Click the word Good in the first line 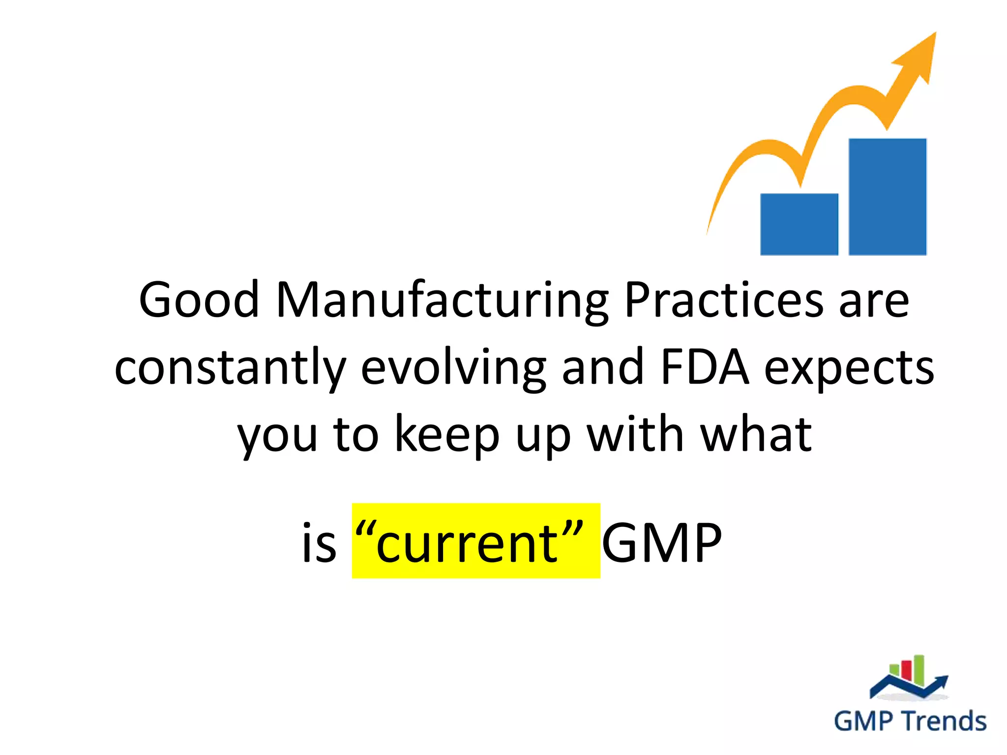[x=199, y=300]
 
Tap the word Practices [x=724, y=300]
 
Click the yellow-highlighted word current [x=467, y=544]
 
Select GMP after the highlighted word [x=662, y=544]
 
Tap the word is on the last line [x=319, y=544]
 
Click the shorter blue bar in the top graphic [x=799, y=224]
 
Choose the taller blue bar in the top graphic [x=888, y=197]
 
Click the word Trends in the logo [x=945, y=722]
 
